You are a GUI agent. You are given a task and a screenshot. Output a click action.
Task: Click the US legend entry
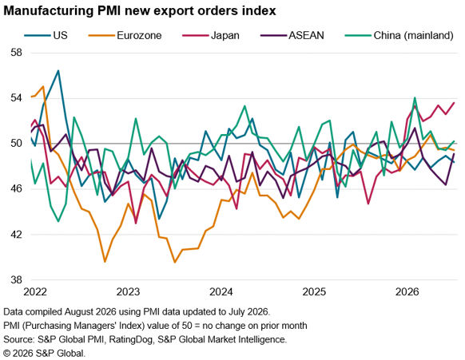pyautogui.click(x=46, y=36)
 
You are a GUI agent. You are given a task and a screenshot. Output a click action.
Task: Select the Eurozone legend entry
pyautogui.click(x=125, y=36)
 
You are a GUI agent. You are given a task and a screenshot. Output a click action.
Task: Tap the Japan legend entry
pyautogui.click(x=211, y=36)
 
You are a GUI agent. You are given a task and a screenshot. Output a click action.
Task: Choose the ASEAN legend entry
pyautogui.click(x=292, y=36)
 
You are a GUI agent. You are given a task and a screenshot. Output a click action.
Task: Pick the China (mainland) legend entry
pyautogui.click(x=399, y=36)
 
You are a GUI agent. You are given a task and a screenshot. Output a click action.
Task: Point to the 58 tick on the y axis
pyautogui.click(x=16, y=53)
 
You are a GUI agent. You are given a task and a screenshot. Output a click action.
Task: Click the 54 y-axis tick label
pyautogui.click(x=16, y=98)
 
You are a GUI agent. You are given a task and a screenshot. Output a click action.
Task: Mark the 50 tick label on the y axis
pyautogui.click(x=16, y=144)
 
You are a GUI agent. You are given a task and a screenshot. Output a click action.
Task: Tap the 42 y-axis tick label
pyautogui.click(x=16, y=234)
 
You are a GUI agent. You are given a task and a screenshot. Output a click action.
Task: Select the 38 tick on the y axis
pyautogui.click(x=16, y=279)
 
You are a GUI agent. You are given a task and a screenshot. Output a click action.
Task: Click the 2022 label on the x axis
pyautogui.click(x=35, y=292)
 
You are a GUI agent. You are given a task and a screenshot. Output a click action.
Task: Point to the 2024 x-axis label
pyautogui.click(x=221, y=292)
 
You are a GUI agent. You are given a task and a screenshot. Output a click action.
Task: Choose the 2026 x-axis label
pyautogui.click(x=407, y=292)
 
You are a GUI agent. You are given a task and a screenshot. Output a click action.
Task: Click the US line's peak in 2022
pyautogui.click(x=58, y=70)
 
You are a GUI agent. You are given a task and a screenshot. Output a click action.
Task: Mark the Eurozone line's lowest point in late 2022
pyautogui.click(x=105, y=262)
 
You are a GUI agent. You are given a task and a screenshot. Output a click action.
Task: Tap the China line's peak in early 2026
pyautogui.click(x=415, y=97)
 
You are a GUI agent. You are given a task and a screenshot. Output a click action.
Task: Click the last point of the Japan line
pyautogui.click(x=454, y=103)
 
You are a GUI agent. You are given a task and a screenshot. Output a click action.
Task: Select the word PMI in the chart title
pyautogui.click(x=109, y=10)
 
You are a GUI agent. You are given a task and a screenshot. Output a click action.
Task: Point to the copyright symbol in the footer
pyautogui.click(x=7, y=353)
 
